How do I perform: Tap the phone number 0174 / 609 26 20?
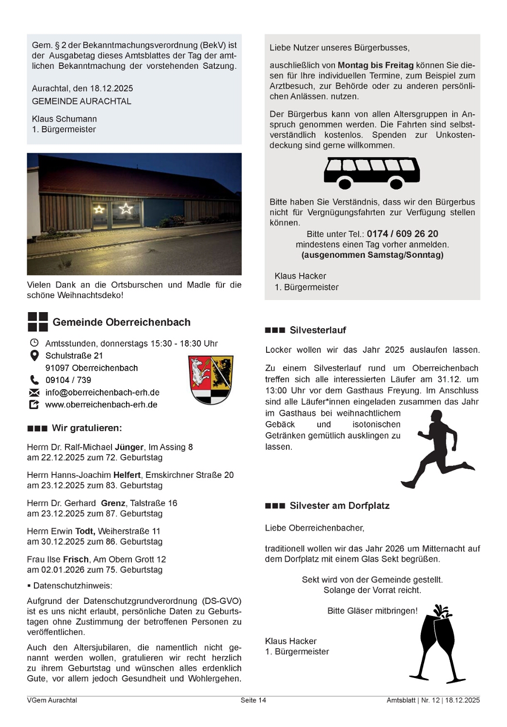click(x=402, y=234)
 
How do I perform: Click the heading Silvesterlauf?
click(x=317, y=330)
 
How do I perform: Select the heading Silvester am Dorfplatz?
click(x=339, y=506)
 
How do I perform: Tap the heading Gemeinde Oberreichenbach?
click(x=121, y=322)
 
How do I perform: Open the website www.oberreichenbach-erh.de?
click(x=101, y=405)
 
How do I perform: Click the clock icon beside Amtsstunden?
click(x=34, y=343)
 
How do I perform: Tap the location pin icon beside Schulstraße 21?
click(x=34, y=356)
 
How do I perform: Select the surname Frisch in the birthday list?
click(x=76, y=559)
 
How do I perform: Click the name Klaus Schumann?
click(x=64, y=119)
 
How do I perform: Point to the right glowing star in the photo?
click(x=126, y=209)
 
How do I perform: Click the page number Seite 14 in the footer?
click(x=253, y=700)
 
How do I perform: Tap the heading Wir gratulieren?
click(x=87, y=428)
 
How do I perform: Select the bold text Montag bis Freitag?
click(x=376, y=65)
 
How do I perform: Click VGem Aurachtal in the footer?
click(x=52, y=700)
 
